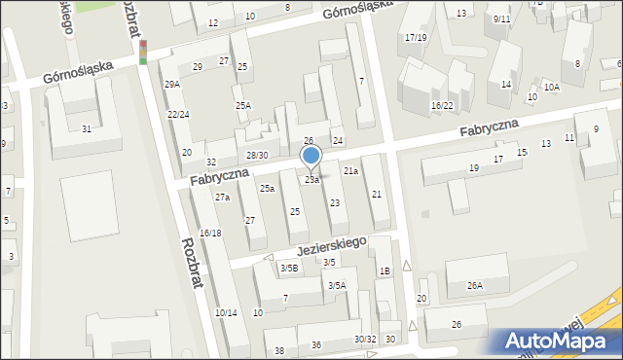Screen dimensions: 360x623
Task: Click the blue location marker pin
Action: click(x=311, y=156)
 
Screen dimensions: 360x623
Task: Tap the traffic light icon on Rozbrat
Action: click(x=143, y=52)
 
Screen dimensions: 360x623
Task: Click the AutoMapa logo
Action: click(x=559, y=341)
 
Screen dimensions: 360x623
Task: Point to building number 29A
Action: click(x=172, y=85)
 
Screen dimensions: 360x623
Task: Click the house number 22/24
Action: click(x=178, y=115)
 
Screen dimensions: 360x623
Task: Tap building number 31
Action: click(x=87, y=128)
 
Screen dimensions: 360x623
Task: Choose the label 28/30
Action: click(x=256, y=156)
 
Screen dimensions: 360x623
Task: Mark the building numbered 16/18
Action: click(x=210, y=233)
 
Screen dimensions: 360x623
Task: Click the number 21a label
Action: click(x=351, y=170)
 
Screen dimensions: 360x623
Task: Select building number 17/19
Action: click(x=416, y=37)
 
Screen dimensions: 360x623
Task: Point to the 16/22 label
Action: click(x=443, y=105)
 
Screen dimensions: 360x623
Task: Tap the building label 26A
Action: click(x=474, y=285)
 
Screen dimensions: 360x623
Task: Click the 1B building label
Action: click(x=385, y=270)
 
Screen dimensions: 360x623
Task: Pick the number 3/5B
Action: click(x=289, y=268)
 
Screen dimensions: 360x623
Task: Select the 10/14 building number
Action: click(x=225, y=312)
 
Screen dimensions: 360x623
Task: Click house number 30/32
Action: click(x=365, y=339)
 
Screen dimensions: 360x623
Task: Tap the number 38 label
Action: click(x=279, y=350)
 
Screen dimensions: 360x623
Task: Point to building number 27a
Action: click(x=222, y=198)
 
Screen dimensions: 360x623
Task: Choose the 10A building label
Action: click(x=552, y=88)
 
